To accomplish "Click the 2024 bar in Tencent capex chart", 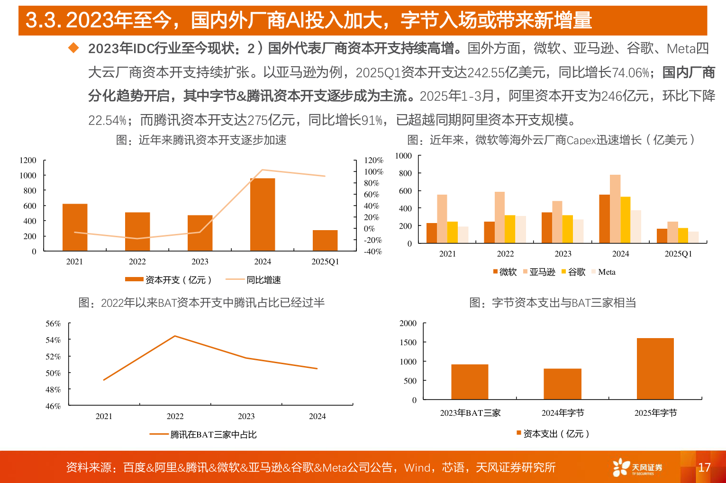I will coord(263,215).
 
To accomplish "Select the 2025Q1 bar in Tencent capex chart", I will coord(325,241).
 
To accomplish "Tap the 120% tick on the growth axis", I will coord(373,161).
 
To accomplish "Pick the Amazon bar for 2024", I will coord(615,209).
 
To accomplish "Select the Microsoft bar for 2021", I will coord(432,233).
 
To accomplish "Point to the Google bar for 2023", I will coord(568,229).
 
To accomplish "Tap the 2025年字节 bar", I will coord(655,368).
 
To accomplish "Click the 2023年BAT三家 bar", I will coord(470,382).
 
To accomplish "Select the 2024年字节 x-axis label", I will coord(563,413).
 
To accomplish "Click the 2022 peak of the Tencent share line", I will coord(175,336).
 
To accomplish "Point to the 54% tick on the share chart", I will coord(53,340).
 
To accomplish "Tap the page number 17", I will coord(704,467).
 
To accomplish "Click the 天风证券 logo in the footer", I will coord(637,467).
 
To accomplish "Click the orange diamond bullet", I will coord(73,48).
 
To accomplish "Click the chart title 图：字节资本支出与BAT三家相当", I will coord(553,303).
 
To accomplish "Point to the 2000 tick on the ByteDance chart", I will coord(408,323).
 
